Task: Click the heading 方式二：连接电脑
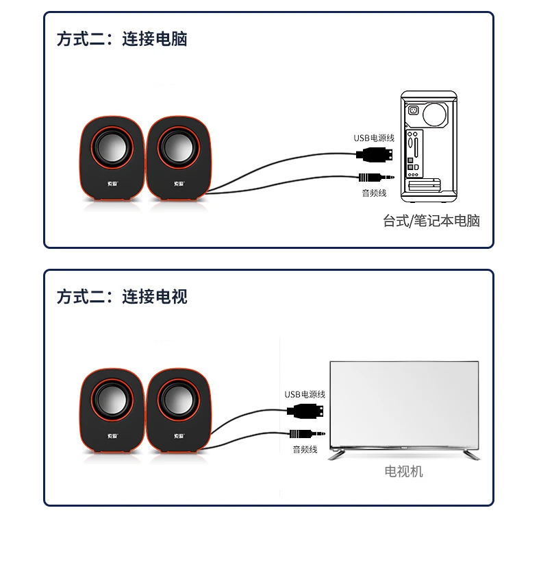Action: [122, 38]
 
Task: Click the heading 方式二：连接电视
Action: [122, 297]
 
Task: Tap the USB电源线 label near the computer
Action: [374, 138]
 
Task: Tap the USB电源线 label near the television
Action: [305, 394]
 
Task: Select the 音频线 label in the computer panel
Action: [374, 193]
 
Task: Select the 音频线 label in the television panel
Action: [305, 450]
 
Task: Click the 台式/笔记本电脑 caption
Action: [431, 221]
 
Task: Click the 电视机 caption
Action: [403, 472]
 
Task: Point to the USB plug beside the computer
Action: [377, 154]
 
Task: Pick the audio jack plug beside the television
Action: [305, 434]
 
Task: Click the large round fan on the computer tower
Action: [435, 112]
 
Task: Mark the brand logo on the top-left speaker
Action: [113, 183]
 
